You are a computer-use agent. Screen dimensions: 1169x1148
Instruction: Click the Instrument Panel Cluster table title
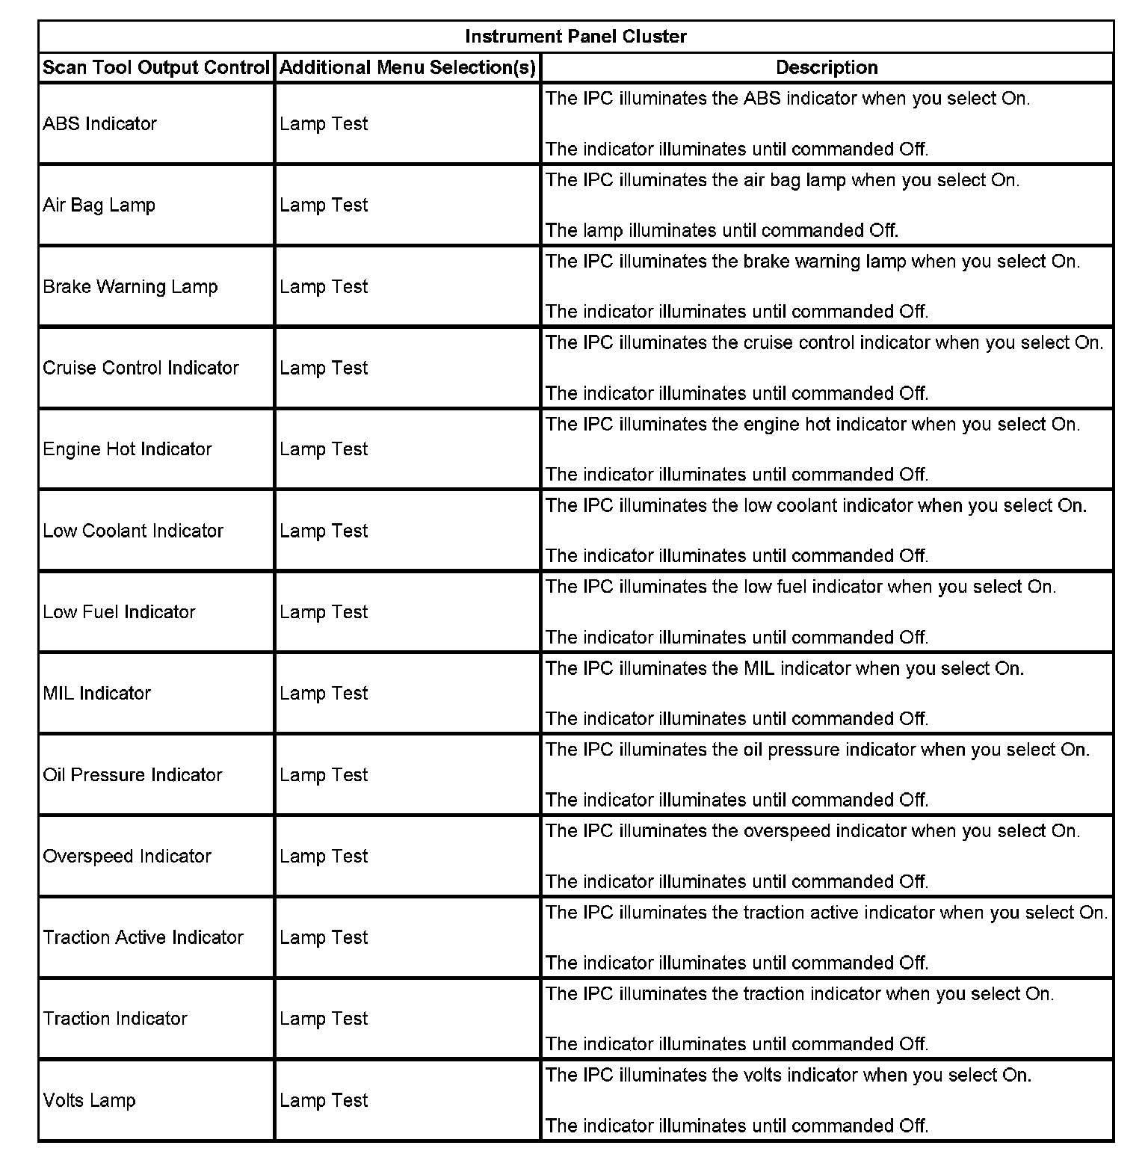click(575, 37)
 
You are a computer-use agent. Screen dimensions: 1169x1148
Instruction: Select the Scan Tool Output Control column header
click(155, 68)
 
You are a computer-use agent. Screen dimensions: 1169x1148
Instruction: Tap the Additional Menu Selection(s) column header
click(407, 68)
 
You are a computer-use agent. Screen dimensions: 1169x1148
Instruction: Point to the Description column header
click(827, 68)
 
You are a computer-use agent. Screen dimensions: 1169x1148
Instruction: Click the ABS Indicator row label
click(100, 124)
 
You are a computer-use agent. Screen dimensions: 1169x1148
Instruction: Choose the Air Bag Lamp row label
click(99, 206)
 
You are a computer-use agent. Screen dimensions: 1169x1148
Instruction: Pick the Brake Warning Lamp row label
click(131, 287)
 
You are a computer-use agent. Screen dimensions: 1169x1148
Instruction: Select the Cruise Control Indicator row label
click(141, 368)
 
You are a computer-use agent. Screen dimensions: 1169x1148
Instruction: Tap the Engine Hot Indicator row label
click(128, 449)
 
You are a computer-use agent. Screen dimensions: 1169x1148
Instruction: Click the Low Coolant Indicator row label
click(134, 531)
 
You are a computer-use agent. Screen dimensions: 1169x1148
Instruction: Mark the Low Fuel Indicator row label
click(120, 612)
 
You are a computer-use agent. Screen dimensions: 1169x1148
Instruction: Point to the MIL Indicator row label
click(97, 694)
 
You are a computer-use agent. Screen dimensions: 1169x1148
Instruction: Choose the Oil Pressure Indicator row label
click(133, 775)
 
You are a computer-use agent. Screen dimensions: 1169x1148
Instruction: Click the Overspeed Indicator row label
click(128, 857)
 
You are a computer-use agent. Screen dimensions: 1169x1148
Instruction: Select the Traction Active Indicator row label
click(143, 938)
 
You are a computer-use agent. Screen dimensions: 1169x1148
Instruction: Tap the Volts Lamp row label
click(90, 1101)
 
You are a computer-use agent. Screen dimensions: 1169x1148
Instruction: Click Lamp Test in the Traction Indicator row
click(324, 1020)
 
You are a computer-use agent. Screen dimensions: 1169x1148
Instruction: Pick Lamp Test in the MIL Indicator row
click(324, 694)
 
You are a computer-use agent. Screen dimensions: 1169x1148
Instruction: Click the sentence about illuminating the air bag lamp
click(783, 180)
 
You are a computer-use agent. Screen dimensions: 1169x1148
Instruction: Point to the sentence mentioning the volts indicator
click(789, 1076)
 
